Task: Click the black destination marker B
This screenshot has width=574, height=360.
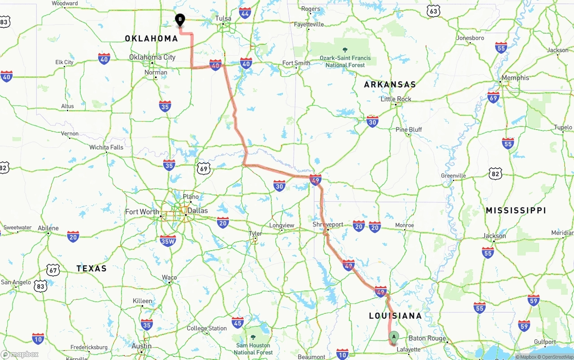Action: (x=179, y=20)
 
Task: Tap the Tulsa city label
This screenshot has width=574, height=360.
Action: (x=223, y=18)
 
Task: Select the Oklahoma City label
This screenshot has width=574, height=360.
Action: (x=152, y=57)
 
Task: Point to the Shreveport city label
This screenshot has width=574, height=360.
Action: (x=328, y=225)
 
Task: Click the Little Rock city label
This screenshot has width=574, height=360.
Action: (x=396, y=99)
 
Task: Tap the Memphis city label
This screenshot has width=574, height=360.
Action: (x=515, y=78)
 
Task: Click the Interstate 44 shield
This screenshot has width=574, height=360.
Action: (x=245, y=13)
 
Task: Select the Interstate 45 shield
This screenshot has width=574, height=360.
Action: (x=238, y=322)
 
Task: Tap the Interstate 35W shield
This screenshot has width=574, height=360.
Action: (x=168, y=241)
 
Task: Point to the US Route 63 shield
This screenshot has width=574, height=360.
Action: (x=433, y=11)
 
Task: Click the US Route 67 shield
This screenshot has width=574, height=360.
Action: (x=53, y=270)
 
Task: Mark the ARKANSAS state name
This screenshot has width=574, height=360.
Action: (x=390, y=84)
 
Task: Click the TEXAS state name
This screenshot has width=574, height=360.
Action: (x=91, y=269)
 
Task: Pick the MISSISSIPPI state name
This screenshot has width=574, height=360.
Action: (x=516, y=210)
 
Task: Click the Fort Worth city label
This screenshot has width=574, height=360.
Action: (x=142, y=212)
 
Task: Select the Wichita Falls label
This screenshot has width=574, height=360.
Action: (x=106, y=147)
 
